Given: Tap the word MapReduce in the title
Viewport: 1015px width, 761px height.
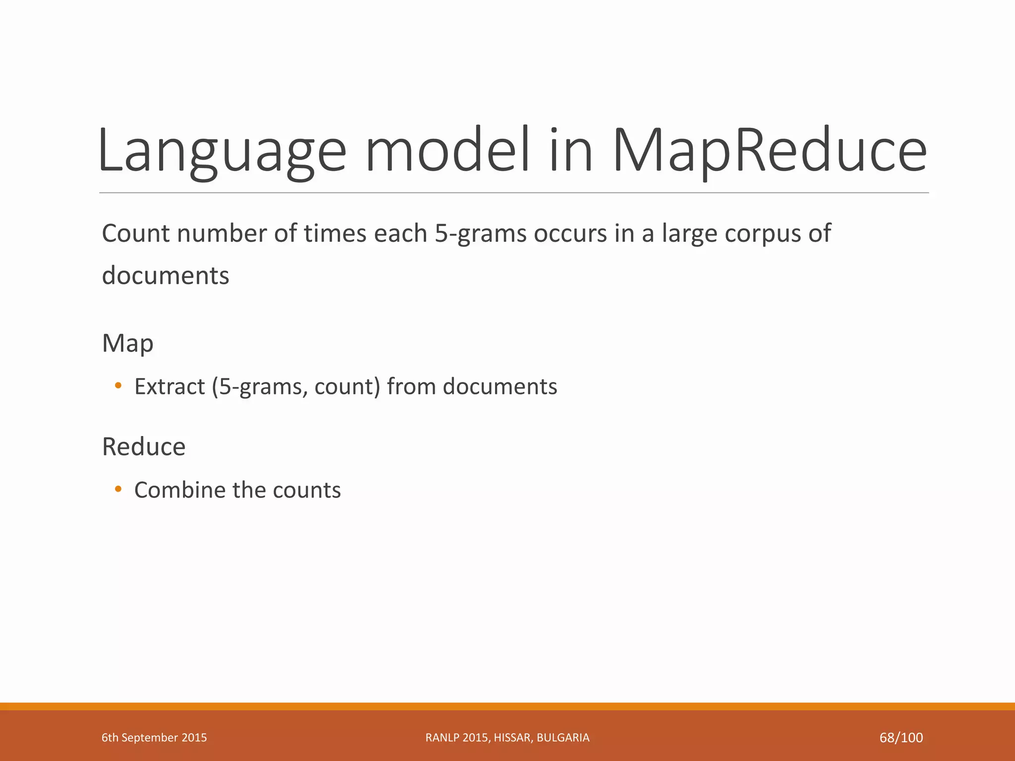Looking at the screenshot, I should [x=769, y=151].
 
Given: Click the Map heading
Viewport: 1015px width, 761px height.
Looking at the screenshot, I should [x=127, y=343].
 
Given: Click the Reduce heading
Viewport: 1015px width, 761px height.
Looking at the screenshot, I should [x=144, y=446].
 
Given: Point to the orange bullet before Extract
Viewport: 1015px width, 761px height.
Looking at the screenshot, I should [x=118, y=385].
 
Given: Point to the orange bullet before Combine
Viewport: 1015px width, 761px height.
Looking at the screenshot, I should [x=118, y=489].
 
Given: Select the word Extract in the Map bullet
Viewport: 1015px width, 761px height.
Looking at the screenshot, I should [x=169, y=386].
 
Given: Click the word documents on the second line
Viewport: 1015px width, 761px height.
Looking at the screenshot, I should [x=166, y=275].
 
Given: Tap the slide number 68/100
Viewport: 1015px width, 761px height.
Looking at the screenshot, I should [x=901, y=738].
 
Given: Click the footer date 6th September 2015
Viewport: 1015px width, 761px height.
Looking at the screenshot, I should [x=154, y=738].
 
